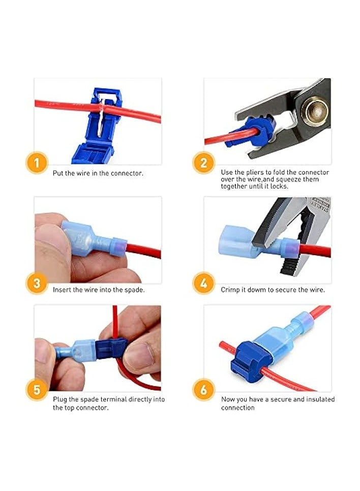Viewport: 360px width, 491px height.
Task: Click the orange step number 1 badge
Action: pos(36,164)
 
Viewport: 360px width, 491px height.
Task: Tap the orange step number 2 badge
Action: pos(204,164)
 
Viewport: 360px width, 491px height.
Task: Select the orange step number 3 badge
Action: pos(36,283)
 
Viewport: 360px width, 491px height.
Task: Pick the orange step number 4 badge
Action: pos(204,283)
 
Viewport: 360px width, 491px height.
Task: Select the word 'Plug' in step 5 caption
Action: pos(60,400)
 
